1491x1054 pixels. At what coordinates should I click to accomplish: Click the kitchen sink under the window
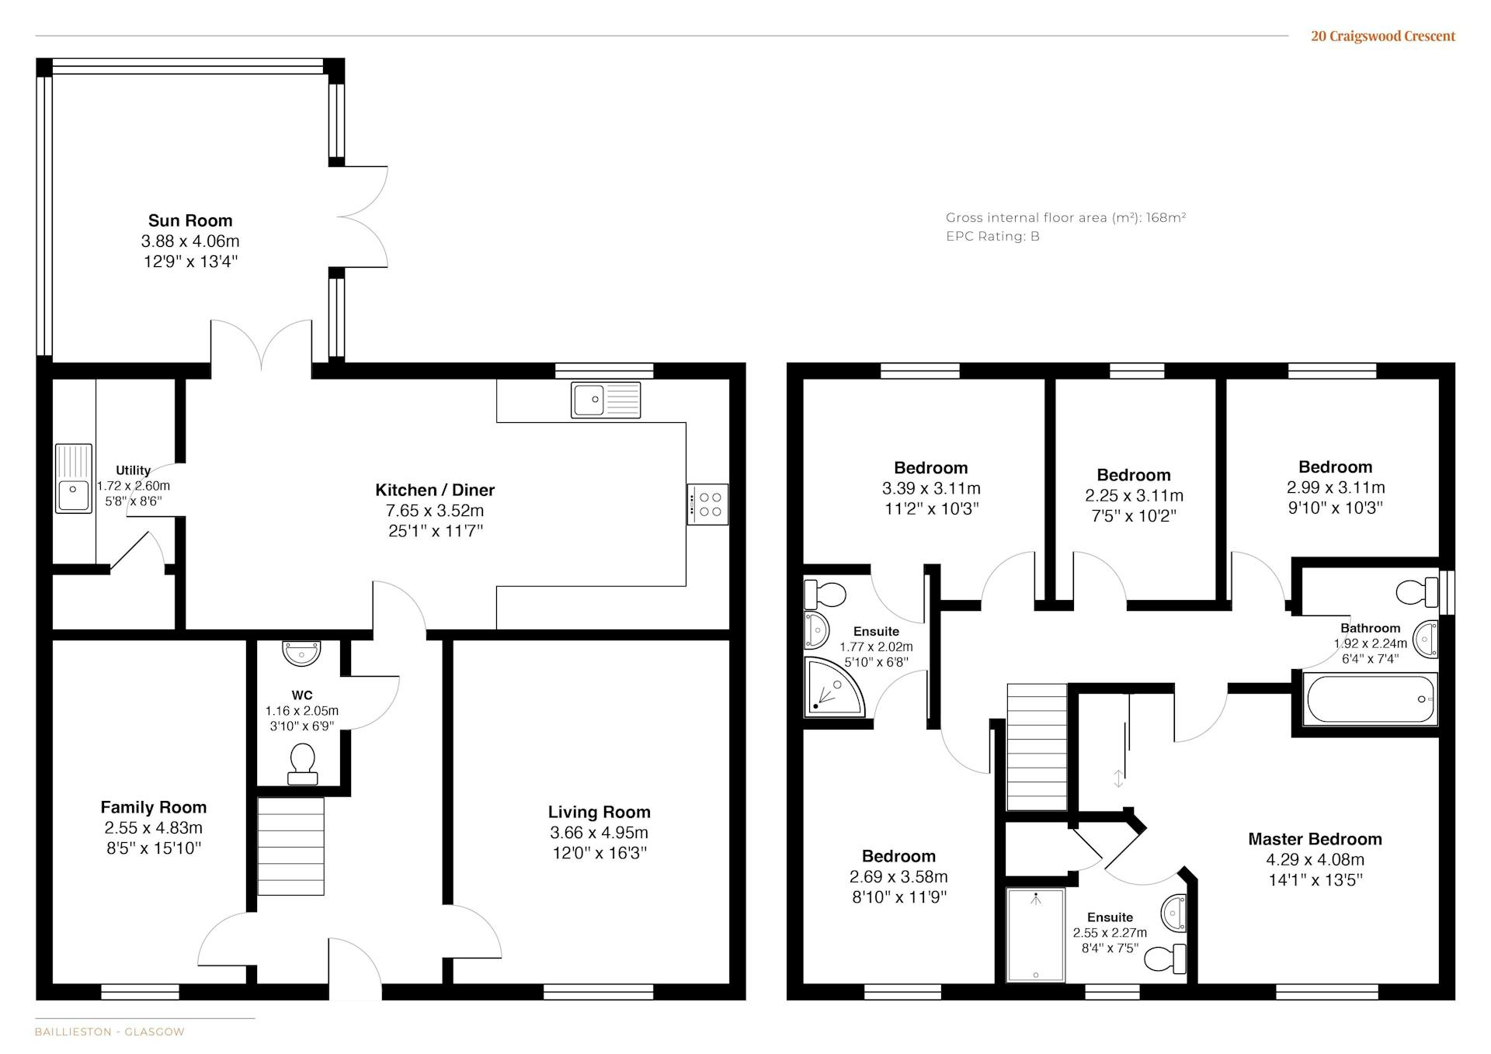(606, 400)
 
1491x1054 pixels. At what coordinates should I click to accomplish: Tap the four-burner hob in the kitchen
(707, 504)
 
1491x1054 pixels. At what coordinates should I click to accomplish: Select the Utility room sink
(73, 478)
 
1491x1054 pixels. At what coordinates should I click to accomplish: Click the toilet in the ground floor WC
(301, 764)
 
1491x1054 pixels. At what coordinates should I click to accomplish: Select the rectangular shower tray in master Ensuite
(1036, 935)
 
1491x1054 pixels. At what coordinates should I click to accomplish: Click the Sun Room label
(190, 220)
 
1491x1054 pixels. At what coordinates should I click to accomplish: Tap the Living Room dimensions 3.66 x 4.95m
(599, 833)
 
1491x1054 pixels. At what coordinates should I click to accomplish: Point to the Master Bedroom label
(1315, 839)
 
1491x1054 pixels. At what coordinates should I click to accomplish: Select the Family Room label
(154, 807)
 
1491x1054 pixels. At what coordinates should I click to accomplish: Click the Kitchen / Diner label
(435, 490)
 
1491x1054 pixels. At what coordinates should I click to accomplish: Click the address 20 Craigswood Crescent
(1383, 36)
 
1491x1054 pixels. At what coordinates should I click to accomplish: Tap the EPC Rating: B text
(992, 237)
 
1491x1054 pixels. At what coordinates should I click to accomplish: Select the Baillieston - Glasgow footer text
(109, 1032)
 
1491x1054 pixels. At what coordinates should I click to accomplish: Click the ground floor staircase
(290, 846)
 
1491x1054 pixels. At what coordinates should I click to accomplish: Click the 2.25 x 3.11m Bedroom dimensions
(1134, 496)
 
